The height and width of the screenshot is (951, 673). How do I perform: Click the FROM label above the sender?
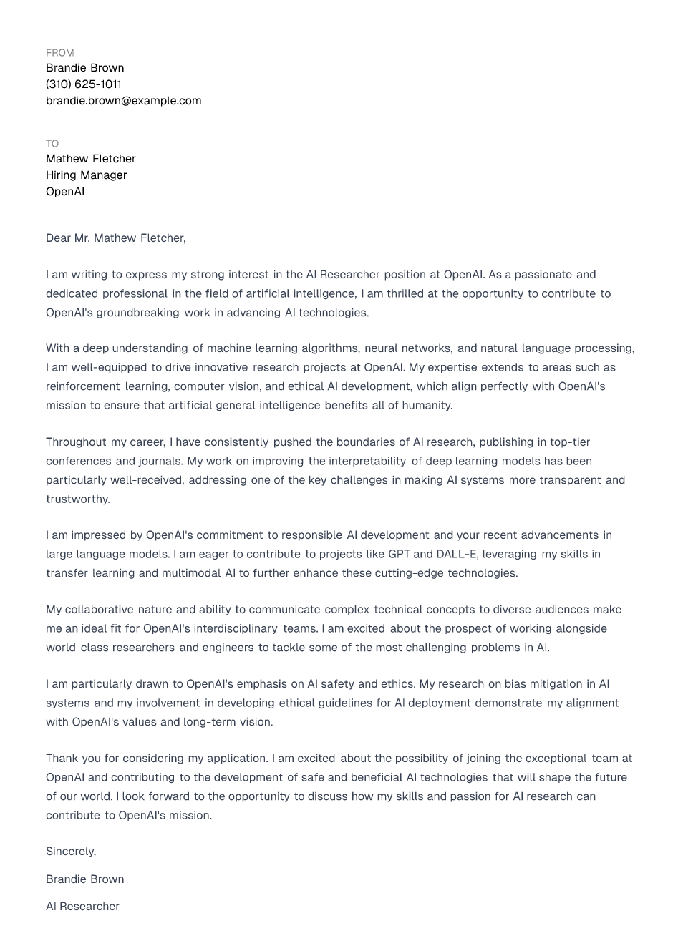(x=59, y=53)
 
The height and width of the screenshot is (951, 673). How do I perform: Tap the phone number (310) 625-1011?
(x=84, y=84)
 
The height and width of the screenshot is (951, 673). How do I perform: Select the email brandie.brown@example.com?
(x=123, y=101)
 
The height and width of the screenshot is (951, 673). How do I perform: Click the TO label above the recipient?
(x=52, y=144)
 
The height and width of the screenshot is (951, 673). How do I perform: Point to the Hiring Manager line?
(x=86, y=175)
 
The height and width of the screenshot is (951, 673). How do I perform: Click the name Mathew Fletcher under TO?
(x=90, y=159)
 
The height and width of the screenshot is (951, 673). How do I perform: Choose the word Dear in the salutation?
(x=58, y=238)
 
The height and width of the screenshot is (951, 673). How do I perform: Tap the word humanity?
(x=428, y=406)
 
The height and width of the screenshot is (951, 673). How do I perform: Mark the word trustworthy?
(x=77, y=499)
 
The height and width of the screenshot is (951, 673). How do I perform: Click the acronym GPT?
(x=399, y=555)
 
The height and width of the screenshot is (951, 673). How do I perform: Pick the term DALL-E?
(x=456, y=555)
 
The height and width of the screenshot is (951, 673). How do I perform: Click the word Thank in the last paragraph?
(x=62, y=759)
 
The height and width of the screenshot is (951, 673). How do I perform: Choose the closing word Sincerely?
(x=70, y=852)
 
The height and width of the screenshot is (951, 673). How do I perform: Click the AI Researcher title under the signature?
(x=82, y=907)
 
